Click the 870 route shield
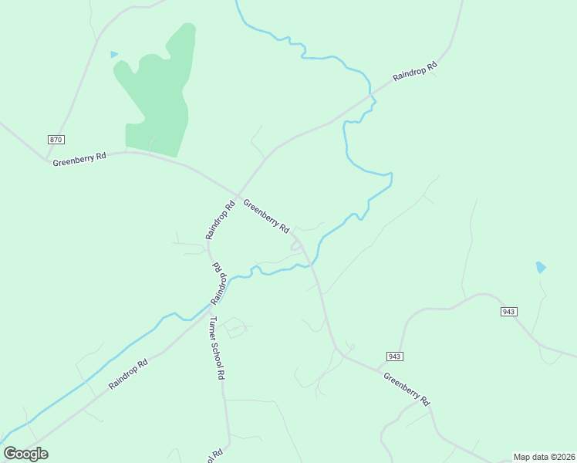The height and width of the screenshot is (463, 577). [x=55, y=140]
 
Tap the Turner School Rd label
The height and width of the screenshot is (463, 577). [x=217, y=347]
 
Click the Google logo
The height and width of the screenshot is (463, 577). [x=25, y=454]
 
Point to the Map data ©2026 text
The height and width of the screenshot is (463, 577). [x=544, y=457]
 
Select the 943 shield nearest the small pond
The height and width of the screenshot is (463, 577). [x=508, y=311]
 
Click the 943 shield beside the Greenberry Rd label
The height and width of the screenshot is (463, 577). [x=394, y=356]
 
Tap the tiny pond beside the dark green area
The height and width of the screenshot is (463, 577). [x=114, y=54]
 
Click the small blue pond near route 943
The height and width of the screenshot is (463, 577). [x=541, y=268]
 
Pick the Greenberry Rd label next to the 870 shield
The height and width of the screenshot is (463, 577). [x=79, y=158]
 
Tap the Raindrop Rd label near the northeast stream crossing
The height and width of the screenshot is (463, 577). [x=415, y=72]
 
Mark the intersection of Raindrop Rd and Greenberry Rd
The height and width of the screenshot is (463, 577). [x=237, y=195]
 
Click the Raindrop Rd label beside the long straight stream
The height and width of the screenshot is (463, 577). [x=128, y=373]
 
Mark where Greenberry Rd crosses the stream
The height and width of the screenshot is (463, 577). [x=312, y=266]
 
